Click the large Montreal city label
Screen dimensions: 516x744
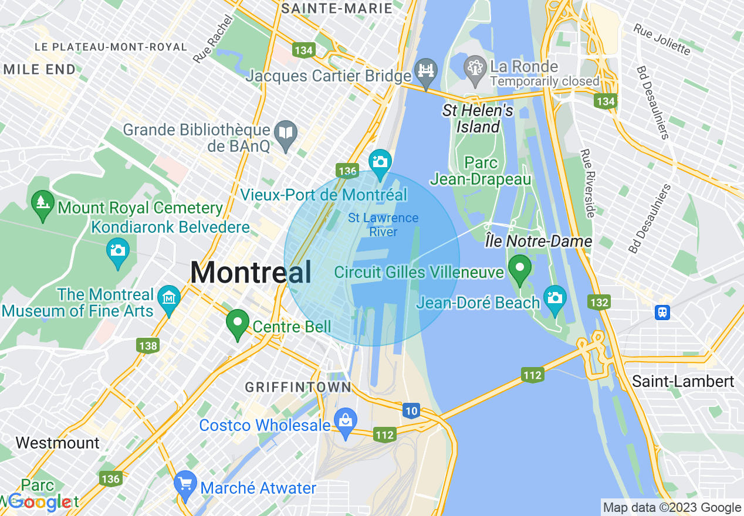pyautogui.click(x=251, y=273)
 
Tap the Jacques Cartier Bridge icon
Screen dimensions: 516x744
pyautogui.click(x=425, y=72)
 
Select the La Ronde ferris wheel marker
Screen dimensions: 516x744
pyautogui.click(x=475, y=67)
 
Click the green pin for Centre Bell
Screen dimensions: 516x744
pyautogui.click(x=238, y=323)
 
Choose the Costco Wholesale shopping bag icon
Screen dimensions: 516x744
pyautogui.click(x=346, y=421)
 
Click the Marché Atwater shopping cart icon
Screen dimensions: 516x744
pyautogui.click(x=186, y=484)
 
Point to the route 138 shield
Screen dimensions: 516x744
pyautogui.click(x=148, y=345)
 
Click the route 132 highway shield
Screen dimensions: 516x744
pyautogui.click(x=598, y=303)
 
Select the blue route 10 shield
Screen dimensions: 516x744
pyautogui.click(x=411, y=411)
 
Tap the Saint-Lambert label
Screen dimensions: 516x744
pyautogui.click(x=683, y=381)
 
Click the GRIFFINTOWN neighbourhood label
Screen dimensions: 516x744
pyautogui.click(x=298, y=387)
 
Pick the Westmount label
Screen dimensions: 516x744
pyautogui.click(x=58, y=443)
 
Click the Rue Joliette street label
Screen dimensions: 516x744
pyautogui.click(x=661, y=39)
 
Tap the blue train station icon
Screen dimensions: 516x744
pyautogui.click(x=662, y=312)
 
